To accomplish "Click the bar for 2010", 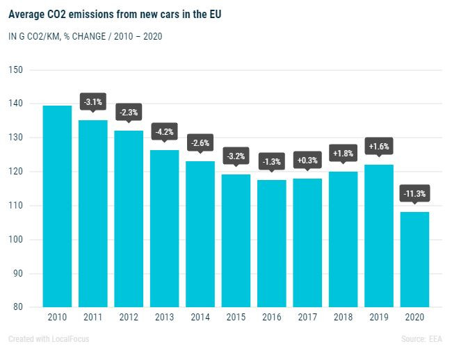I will pos(57,206).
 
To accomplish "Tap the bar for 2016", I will pos(272,243).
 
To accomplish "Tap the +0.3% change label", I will pos(307,161).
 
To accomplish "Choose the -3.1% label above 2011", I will pos(93,102).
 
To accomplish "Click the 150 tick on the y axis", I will pos(16,70).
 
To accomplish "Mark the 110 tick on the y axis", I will pos(16,206).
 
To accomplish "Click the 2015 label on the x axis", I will pos(236,318).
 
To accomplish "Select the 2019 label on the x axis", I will pos(379,318).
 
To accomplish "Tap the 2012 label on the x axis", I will pos(129,318).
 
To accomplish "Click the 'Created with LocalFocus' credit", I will pos(49,339).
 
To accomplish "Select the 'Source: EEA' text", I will pos(421,339).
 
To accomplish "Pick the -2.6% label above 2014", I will pos(200,143).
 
